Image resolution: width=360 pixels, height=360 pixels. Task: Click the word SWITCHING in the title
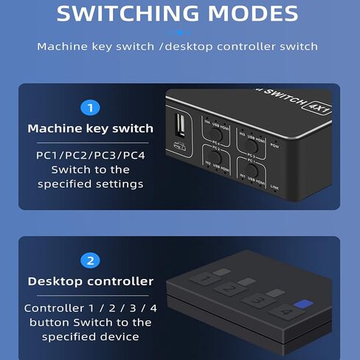[x=126, y=13]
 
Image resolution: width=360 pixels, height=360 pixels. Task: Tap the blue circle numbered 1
[x=90, y=108]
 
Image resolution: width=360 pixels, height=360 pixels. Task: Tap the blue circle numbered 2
[x=90, y=260]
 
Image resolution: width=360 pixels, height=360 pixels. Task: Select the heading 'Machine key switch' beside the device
[x=90, y=128]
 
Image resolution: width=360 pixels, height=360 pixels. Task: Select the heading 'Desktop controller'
[x=90, y=281]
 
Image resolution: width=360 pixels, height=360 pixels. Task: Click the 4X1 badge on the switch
[x=318, y=110]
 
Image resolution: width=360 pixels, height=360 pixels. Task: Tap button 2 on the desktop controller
[x=230, y=288]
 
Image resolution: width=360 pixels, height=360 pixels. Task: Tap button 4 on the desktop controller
[x=285, y=312]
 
